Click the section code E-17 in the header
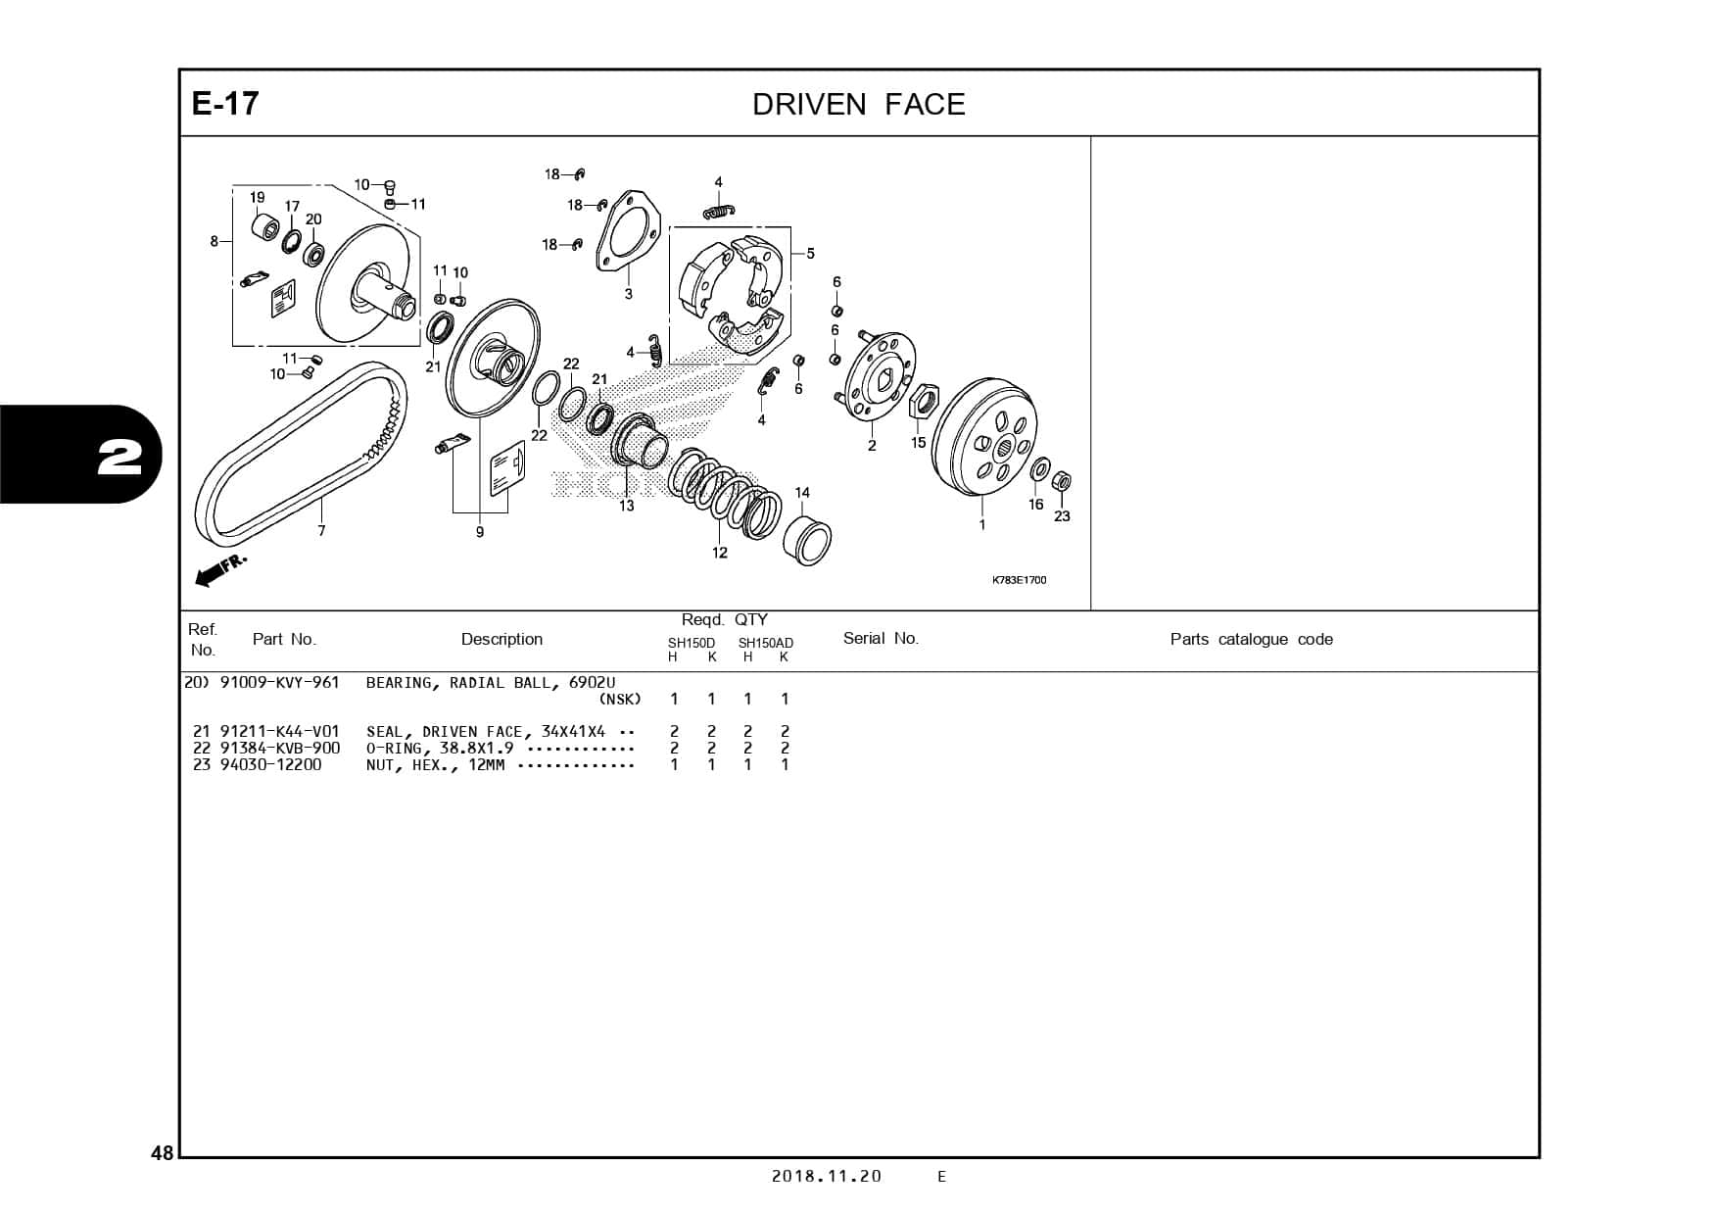[x=225, y=104]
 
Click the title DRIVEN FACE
[x=858, y=105]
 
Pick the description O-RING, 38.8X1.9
[x=440, y=748]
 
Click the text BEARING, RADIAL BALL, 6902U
[x=491, y=683]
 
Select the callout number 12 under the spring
[x=720, y=553]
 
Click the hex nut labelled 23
[x=1060, y=482]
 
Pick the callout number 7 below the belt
[x=321, y=531]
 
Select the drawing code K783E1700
[x=1019, y=580]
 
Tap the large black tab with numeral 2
[x=78, y=456]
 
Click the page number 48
[x=162, y=1153]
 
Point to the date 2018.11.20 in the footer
[x=826, y=1177]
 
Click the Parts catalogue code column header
[x=1251, y=640]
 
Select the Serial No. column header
[x=881, y=639]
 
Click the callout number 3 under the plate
[x=629, y=294]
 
